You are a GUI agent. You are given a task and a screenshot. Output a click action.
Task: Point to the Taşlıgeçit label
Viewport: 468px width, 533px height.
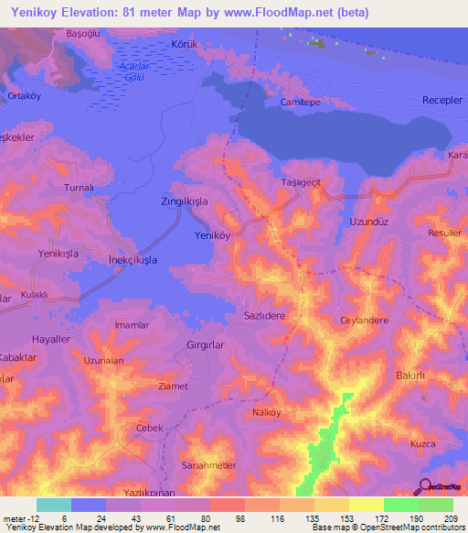302,183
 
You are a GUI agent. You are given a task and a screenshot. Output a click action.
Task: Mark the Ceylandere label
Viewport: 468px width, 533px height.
365,321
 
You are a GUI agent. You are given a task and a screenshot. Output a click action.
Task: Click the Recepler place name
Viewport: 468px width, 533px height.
442,100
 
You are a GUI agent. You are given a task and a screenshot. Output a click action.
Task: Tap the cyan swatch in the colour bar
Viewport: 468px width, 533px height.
53,505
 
